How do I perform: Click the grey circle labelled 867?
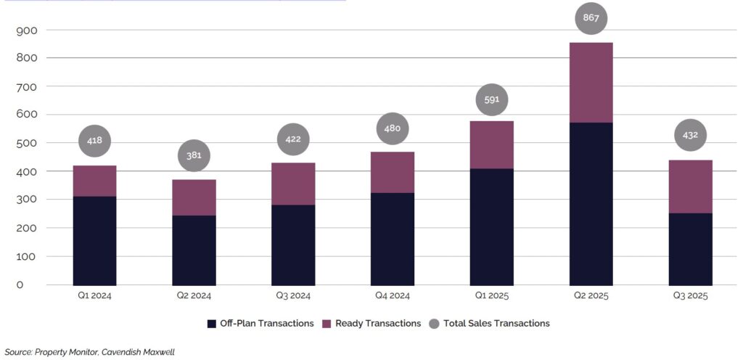pyautogui.click(x=591, y=18)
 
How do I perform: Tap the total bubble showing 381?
pyautogui.click(x=194, y=155)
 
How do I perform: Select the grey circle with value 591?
pyautogui.click(x=491, y=99)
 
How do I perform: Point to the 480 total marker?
pyautogui.click(x=393, y=129)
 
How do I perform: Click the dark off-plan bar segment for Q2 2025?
pyautogui.click(x=591, y=203)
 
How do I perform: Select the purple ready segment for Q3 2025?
pyautogui.click(x=690, y=186)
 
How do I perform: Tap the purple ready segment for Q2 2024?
pyautogui.click(x=194, y=197)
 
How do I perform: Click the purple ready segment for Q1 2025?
pyautogui.click(x=491, y=144)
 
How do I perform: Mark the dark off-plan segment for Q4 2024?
pyautogui.click(x=393, y=238)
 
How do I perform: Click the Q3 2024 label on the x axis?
pyautogui.click(x=293, y=295)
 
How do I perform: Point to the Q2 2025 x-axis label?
pyautogui.click(x=591, y=295)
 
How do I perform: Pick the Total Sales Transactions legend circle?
pyautogui.click(x=435, y=323)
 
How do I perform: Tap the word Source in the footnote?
pyautogui.click(x=18, y=352)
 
